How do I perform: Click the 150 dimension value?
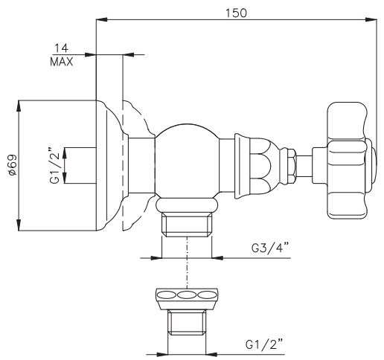click(236, 13)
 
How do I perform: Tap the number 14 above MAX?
click(61, 48)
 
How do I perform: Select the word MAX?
click(62, 62)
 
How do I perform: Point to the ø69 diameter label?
click(13, 165)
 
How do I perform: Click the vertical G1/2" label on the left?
click(54, 165)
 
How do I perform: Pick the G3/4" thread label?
click(270, 248)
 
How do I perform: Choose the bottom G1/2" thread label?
click(264, 344)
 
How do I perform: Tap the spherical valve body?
click(188, 161)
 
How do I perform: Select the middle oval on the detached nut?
click(187, 295)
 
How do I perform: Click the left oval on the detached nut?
click(167, 295)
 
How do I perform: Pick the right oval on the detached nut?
click(207, 295)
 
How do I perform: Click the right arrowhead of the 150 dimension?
click(371, 19)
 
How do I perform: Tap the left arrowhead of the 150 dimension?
click(102, 19)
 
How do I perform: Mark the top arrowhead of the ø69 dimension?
click(19, 106)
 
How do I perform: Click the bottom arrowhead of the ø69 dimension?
click(19, 225)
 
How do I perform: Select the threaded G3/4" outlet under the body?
click(187, 224)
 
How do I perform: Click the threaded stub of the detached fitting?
click(187, 322)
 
